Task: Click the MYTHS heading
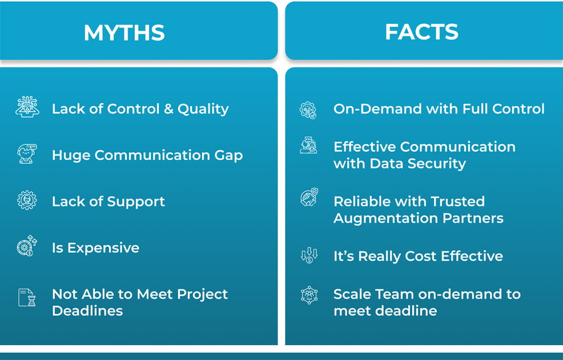[124, 33]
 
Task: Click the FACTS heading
[421, 32]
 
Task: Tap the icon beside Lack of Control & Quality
[27, 107]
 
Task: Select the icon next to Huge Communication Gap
[27, 153]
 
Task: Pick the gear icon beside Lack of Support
[27, 200]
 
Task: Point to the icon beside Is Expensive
[27, 246]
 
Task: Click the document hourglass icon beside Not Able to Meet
[27, 298]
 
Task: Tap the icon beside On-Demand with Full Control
[308, 110]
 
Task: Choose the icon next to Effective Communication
[308, 145]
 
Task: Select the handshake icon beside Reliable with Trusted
[309, 197]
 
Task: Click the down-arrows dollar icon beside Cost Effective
[309, 255]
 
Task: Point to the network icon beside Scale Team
[309, 295]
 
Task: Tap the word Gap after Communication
[229, 155]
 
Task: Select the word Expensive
[103, 248]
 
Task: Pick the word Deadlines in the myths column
[87, 311]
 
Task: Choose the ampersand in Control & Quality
[168, 109]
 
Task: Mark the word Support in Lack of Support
[136, 202]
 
